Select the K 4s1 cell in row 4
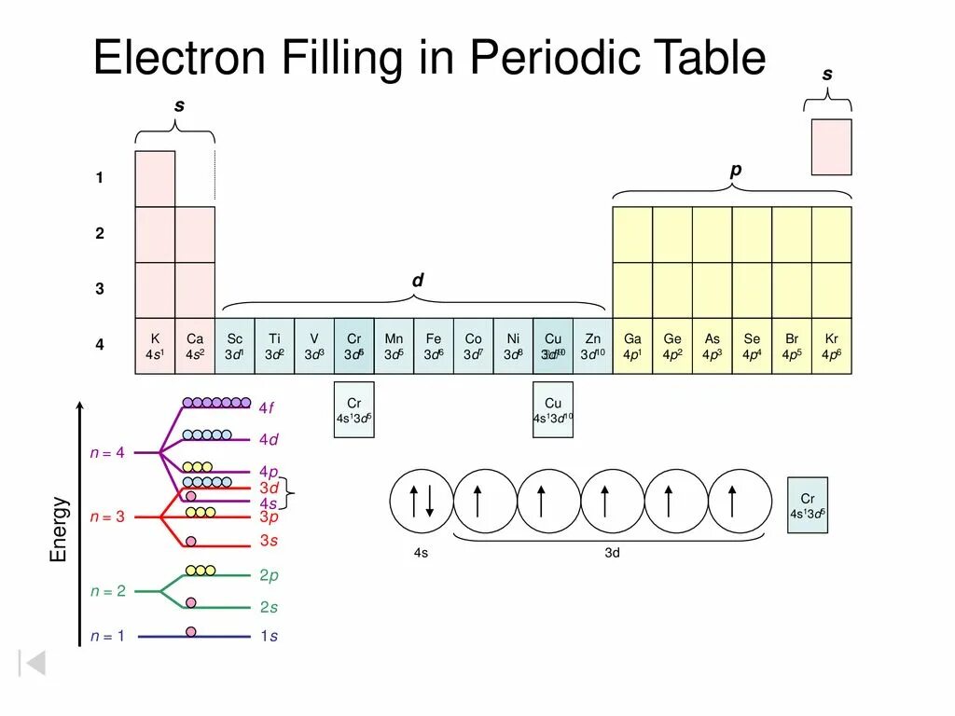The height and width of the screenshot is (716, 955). tap(155, 347)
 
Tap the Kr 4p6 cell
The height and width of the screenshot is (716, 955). tap(831, 347)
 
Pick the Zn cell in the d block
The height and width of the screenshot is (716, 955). tap(593, 347)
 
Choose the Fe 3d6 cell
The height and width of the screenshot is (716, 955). tap(434, 347)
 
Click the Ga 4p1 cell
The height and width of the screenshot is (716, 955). tap(632, 347)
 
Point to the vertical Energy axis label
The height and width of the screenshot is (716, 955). tap(59, 529)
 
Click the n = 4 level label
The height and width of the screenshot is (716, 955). tap(107, 453)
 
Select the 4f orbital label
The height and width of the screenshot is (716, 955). tap(268, 407)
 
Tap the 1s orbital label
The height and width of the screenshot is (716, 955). tap(269, 637)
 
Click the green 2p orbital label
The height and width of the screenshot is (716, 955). tap(269, 576)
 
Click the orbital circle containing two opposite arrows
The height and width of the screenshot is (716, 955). tap(421, 502)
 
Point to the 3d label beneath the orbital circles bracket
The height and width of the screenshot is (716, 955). tap(612, 553)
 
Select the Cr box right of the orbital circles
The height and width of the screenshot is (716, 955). tap(808, 505)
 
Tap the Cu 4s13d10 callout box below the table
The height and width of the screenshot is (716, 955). tap(553, 410)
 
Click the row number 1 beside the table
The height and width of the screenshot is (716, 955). tap(100, 178)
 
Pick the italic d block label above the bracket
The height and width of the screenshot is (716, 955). tap(417, 280)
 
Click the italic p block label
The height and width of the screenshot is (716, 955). tap(735, 170)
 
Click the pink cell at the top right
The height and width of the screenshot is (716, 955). tap(831, 147)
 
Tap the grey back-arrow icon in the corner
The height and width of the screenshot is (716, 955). tap(33, 663)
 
